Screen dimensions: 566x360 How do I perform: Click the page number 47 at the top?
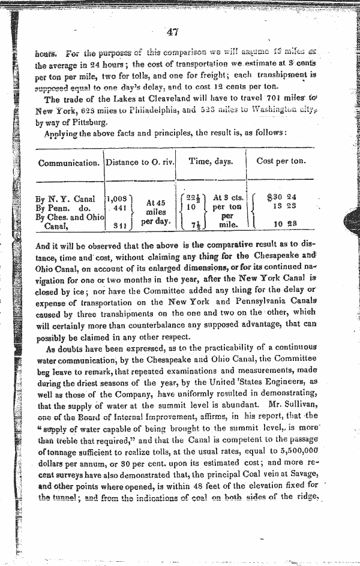[175, 32]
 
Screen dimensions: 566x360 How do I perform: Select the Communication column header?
[68, 162]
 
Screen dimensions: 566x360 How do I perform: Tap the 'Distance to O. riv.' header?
[139, 162]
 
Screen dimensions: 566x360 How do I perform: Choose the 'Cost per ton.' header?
[281, 162]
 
